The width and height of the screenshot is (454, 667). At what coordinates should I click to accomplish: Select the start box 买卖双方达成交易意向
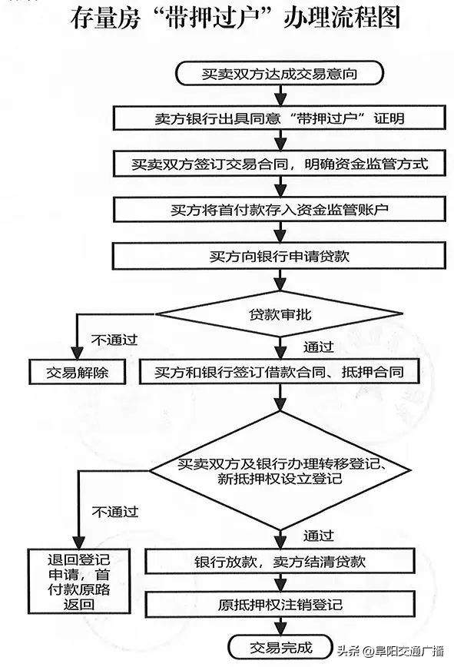coord(279,75)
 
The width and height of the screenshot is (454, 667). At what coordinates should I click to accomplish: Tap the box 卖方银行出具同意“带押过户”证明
coord(279,119)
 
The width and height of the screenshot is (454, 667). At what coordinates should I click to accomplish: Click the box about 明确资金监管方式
coord(279,164)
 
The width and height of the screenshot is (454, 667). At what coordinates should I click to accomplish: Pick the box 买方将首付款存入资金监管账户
coord(279,209)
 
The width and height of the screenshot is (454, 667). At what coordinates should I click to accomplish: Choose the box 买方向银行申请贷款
coord(279,255)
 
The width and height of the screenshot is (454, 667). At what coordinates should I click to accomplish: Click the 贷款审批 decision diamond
coord(280,315)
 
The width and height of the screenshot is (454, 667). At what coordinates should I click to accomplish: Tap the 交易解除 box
coord(78,373)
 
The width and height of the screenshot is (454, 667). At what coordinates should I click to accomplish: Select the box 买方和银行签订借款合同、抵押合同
coord(279,373)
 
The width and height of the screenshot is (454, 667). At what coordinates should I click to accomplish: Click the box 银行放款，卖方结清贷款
coord(279,561)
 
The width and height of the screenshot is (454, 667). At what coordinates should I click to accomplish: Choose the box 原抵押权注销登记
coord(279,606)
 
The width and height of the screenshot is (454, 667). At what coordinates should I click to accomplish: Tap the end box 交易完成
coord(280,644)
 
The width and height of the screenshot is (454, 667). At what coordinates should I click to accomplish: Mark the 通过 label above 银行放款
coord(318,535)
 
